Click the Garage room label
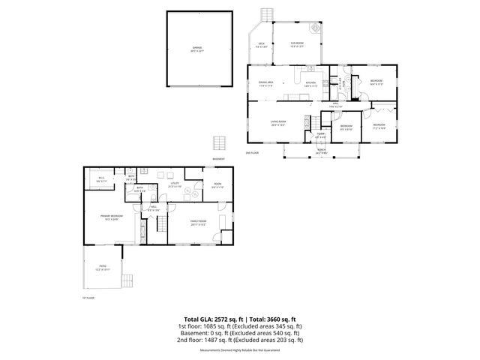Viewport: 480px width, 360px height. pos(196,49)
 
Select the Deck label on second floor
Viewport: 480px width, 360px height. pos(262,45)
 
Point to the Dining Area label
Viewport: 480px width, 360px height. pos(265,84)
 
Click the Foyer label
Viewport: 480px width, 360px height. pos(320,136)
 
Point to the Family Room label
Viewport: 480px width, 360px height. pos(198,222)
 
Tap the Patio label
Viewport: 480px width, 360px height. pos(102,267)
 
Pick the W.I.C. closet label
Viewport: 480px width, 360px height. pos(102,178)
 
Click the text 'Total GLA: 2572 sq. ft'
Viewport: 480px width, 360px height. pos(209,319)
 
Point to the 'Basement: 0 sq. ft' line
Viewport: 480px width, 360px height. pos(240,333)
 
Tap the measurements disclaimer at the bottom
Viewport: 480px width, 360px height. pos(240,350)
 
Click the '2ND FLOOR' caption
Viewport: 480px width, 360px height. pos(251,154)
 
